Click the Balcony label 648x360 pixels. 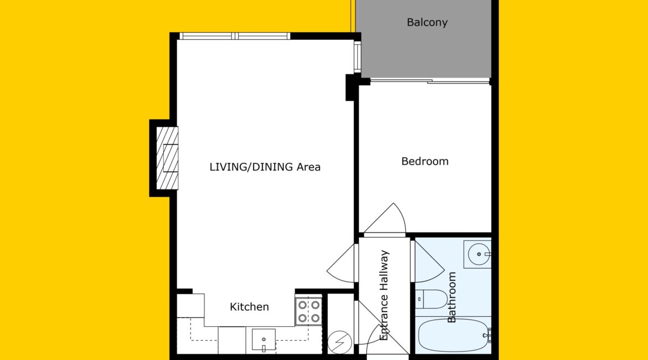point(427,22)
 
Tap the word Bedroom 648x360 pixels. point(425,161)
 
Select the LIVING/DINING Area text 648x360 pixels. point(265,167)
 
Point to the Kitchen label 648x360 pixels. point(249,307)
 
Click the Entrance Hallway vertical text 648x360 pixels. point(384,295)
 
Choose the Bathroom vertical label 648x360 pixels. point(452,297)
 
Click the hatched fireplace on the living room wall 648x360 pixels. point(167,158)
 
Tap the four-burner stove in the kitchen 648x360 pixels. point(308,311)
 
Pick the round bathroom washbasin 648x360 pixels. point(477,254)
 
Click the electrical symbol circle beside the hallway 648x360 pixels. point(340,342)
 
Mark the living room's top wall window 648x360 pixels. point(235,37)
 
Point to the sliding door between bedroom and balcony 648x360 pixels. point(430,81)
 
